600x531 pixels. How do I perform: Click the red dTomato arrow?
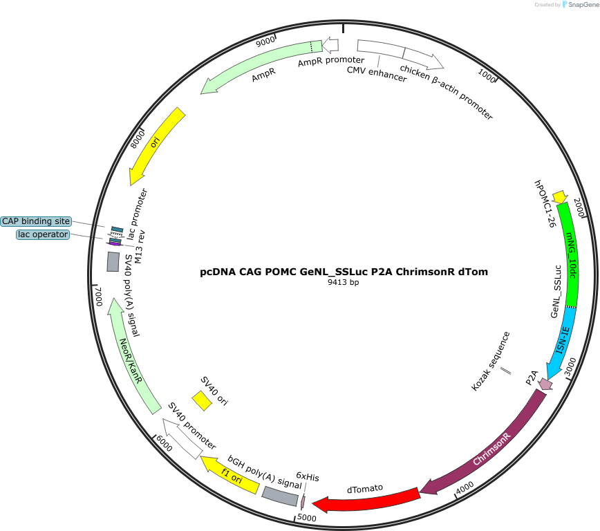coord(367,500)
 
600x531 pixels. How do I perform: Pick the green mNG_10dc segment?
coord(569,254)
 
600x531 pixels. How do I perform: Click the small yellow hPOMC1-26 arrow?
coord(560,197)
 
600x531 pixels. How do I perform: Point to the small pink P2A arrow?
coord(545,384)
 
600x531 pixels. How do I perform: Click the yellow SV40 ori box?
coord(202,401)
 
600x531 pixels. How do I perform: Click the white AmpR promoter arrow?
coord(330,45)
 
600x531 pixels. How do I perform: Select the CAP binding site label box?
coord(36,221)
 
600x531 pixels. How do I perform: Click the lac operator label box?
coord(43,234)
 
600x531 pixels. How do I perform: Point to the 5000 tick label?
coord(307,518)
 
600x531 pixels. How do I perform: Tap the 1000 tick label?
coord(487,75)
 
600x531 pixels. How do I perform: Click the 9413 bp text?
coord(344,282)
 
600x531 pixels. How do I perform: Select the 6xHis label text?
coord(308,476)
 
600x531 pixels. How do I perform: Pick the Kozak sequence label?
coord(491,361)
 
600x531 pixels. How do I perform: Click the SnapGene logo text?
coord(583,5)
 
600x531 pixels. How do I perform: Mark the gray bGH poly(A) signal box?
coord(280,496)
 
